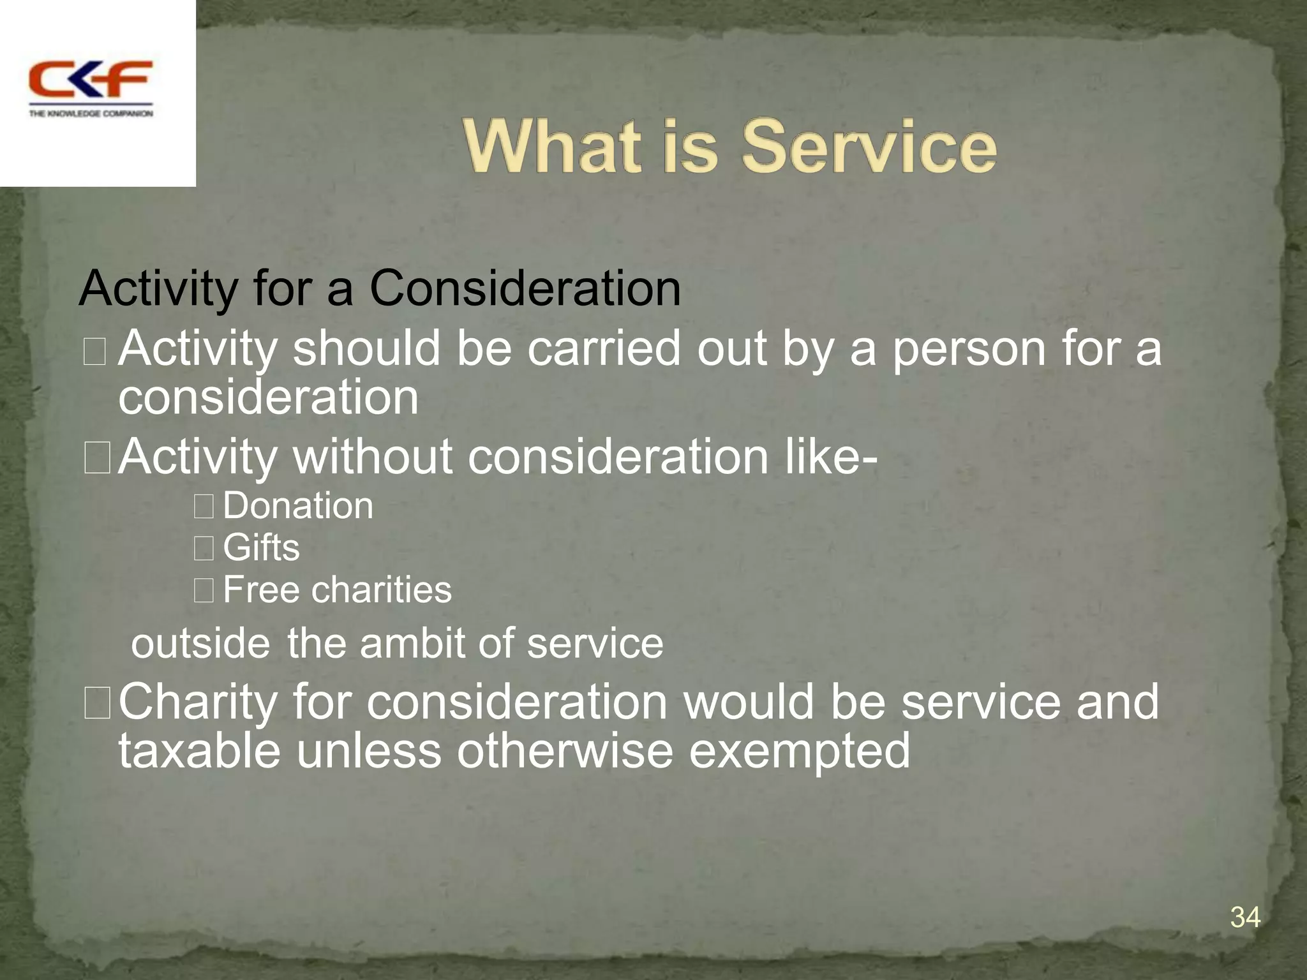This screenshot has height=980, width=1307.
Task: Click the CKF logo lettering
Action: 91,79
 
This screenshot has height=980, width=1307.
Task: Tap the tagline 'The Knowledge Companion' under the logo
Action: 91,114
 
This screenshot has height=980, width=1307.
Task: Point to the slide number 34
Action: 1245,917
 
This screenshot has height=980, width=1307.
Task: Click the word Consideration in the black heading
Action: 525,288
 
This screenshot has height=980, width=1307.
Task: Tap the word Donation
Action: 298,506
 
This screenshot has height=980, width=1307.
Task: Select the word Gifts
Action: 261,548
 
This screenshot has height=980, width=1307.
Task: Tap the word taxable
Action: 199,750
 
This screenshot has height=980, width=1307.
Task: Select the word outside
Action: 200,643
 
